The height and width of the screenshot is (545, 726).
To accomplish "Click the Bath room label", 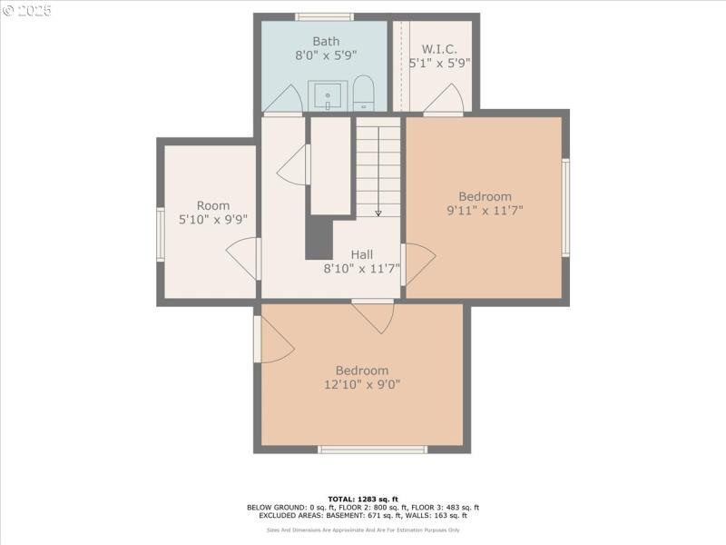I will point(325,41).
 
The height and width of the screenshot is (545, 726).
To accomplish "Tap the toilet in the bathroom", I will point(363,93).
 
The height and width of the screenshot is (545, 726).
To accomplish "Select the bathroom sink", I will point(328,94).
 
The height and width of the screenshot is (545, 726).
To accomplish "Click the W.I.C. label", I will point(439,48).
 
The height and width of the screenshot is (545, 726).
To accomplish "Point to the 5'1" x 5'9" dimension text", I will point(439,64).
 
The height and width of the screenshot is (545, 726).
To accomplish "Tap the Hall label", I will point(362,254).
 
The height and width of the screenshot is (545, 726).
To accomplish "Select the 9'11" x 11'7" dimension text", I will point(485,211).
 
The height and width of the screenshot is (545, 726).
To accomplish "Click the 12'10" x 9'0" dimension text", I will point(362,384).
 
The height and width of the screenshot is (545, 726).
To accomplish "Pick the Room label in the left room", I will point(213,205).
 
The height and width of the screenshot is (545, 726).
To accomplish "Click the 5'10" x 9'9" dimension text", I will point(213,219).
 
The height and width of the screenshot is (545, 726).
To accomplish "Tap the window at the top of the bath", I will point(325,16).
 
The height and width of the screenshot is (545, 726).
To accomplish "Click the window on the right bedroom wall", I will point(565,207).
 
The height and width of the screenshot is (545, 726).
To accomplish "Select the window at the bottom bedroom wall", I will point(372,450).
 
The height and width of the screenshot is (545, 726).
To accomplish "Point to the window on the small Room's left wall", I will point(161,234).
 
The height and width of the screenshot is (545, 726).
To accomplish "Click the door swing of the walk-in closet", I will point(446,100).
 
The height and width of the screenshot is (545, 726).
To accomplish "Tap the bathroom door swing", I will point(286,101).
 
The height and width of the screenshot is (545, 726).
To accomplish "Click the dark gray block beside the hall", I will point(319,238).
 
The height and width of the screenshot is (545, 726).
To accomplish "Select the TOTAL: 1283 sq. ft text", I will point(362,499).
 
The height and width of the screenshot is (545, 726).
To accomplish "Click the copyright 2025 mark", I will point(27,11).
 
